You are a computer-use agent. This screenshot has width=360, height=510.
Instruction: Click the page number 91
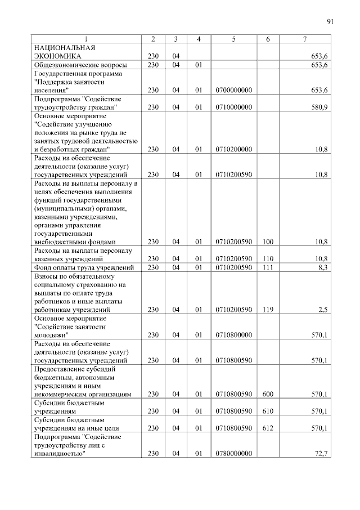click(330, 22)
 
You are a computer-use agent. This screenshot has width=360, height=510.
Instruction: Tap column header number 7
click(304, 39)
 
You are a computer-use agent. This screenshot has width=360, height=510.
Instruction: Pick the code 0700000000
click(233, 90)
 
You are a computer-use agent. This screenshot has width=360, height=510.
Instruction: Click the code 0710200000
click(233, 149)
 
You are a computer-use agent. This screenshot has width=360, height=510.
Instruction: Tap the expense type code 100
click(268, 241)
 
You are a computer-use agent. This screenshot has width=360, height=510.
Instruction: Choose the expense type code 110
click(268, 258)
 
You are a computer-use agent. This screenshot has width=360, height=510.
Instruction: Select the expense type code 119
click(268, 309)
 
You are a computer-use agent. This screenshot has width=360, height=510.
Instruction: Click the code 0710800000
click(233, 335)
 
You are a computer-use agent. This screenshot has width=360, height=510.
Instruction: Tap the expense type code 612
click(268, 428)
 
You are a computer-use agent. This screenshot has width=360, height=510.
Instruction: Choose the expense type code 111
click(268, 267)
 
